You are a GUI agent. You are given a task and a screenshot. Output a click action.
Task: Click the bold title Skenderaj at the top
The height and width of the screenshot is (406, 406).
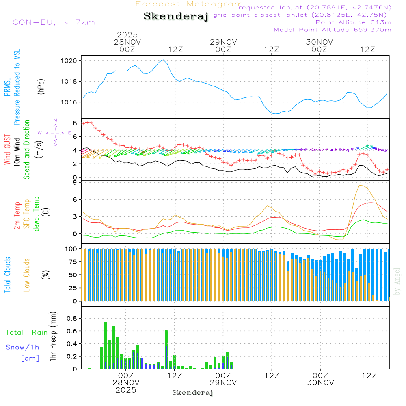tap(176, 17)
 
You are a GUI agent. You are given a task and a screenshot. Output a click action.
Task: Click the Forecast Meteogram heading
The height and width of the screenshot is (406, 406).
tap(189, 4)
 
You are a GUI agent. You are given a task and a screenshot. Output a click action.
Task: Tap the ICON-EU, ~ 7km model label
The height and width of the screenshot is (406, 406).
tap(52, 22)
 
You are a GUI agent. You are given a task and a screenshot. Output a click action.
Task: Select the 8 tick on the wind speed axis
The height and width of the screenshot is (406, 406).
tap(75, 123)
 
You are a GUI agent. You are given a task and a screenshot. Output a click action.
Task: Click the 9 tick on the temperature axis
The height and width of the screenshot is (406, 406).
tap(75, 183)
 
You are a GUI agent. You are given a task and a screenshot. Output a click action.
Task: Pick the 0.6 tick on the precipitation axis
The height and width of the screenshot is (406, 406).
tap(72, 331)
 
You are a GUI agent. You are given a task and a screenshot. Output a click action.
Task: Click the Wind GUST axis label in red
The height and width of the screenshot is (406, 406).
tap(7, 149)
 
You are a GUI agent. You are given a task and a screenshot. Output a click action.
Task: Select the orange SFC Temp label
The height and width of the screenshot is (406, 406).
tap(27, 214)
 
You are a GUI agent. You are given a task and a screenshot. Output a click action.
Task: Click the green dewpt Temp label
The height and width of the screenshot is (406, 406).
tap(37, 214)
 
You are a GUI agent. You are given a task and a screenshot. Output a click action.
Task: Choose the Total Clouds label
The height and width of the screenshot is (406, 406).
tap(7, 275)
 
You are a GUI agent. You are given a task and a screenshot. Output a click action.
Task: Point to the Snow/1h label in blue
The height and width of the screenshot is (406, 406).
tap(23, 347)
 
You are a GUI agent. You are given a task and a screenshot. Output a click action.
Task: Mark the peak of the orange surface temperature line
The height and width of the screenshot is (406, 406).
tap(360, 185)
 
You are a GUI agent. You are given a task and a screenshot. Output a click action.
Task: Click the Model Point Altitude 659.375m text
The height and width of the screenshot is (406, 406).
tap(333, 30)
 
